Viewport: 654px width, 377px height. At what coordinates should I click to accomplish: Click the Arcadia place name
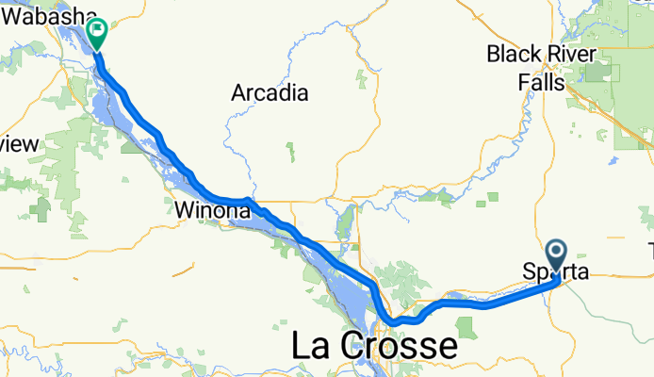tap(270, 92)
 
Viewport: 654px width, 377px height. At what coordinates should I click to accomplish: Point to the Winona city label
tap(211, 211)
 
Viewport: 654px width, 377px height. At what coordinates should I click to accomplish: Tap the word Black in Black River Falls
tap(512, 55)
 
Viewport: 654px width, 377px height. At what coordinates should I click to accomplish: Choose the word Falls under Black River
tap(540, 83)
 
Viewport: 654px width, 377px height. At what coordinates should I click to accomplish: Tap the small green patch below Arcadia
tap(290, 150)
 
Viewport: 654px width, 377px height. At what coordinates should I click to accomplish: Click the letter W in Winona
tap(183, 211)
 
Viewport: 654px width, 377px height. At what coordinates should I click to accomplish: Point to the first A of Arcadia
tap(239, 92)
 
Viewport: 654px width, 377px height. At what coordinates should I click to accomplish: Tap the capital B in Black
tap(494, 55)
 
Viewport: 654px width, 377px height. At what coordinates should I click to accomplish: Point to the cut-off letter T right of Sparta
tap(651, 250)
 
